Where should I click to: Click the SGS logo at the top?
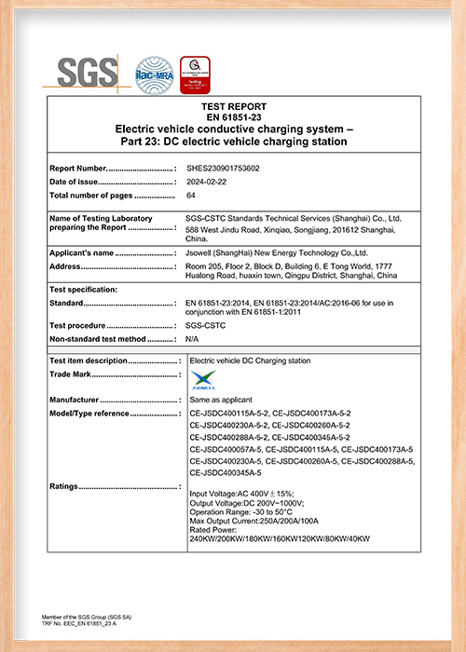pos(89,73)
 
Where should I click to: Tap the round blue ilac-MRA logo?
pos(155,75)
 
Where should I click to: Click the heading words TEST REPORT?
pos(233,107)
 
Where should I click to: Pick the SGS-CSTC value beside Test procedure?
pos(207,325)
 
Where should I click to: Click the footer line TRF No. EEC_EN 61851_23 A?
pos(81,622)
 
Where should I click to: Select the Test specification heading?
pos(82,289)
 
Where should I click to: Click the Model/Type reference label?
pos(89,413)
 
